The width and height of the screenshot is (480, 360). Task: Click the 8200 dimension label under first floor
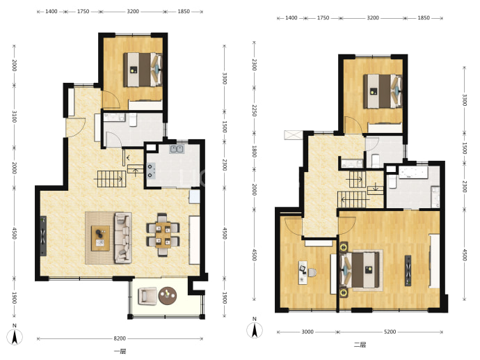[120, 338]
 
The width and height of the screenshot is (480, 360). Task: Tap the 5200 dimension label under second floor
[390, 331]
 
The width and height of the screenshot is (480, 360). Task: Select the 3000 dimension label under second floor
[307, 331]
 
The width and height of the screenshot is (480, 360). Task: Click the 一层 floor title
[120, 352]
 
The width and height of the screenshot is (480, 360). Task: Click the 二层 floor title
[360, 345]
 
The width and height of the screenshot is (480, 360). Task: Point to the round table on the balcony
[168, 296]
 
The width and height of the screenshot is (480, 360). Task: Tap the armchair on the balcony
[147, 296]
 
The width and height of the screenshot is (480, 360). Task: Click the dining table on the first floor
[163, 235]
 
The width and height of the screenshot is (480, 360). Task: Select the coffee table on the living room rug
[100, 238]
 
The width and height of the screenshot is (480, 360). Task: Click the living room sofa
[123, 237]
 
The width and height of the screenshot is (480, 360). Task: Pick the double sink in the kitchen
[177, 149]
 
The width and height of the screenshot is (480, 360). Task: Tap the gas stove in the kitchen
[151, 171]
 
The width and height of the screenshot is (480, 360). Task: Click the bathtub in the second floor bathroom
[413, 173]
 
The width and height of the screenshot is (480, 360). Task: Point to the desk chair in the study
[311, 272]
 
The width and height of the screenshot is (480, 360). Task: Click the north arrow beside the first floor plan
[15, 336]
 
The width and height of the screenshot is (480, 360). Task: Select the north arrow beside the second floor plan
[255, 330]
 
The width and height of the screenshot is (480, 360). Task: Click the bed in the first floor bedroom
[143, 70]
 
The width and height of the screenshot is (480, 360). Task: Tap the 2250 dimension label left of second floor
[254, 110]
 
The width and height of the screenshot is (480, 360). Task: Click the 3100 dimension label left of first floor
[14, 117]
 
